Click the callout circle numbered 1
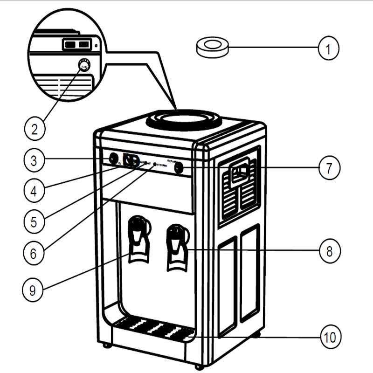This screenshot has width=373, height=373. pos(329,48)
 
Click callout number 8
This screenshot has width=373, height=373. pos(329,251)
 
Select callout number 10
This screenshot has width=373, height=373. pos(329,336)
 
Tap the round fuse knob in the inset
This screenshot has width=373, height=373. pos(84,65)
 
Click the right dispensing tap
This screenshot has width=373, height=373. pos(178,246)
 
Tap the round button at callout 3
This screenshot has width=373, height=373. pos(112,159)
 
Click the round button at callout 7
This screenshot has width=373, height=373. pos(179,167)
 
